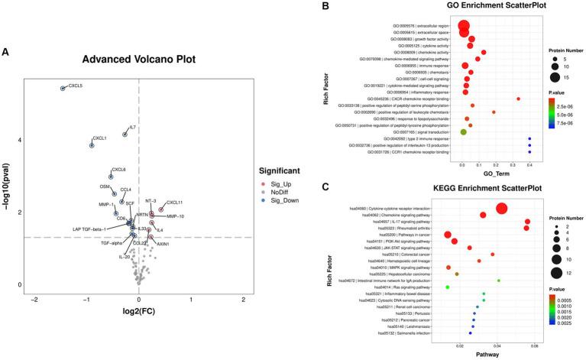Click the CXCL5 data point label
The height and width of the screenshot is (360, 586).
tap(76, 86)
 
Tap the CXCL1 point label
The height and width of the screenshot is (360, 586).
tap(99, 138)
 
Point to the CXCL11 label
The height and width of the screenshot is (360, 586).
tap(175, 203)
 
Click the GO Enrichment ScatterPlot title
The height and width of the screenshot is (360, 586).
tap(455, 8)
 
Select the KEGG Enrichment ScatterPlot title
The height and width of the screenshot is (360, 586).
tap(455, 188)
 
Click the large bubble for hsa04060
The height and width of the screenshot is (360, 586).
tap(502, 209)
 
